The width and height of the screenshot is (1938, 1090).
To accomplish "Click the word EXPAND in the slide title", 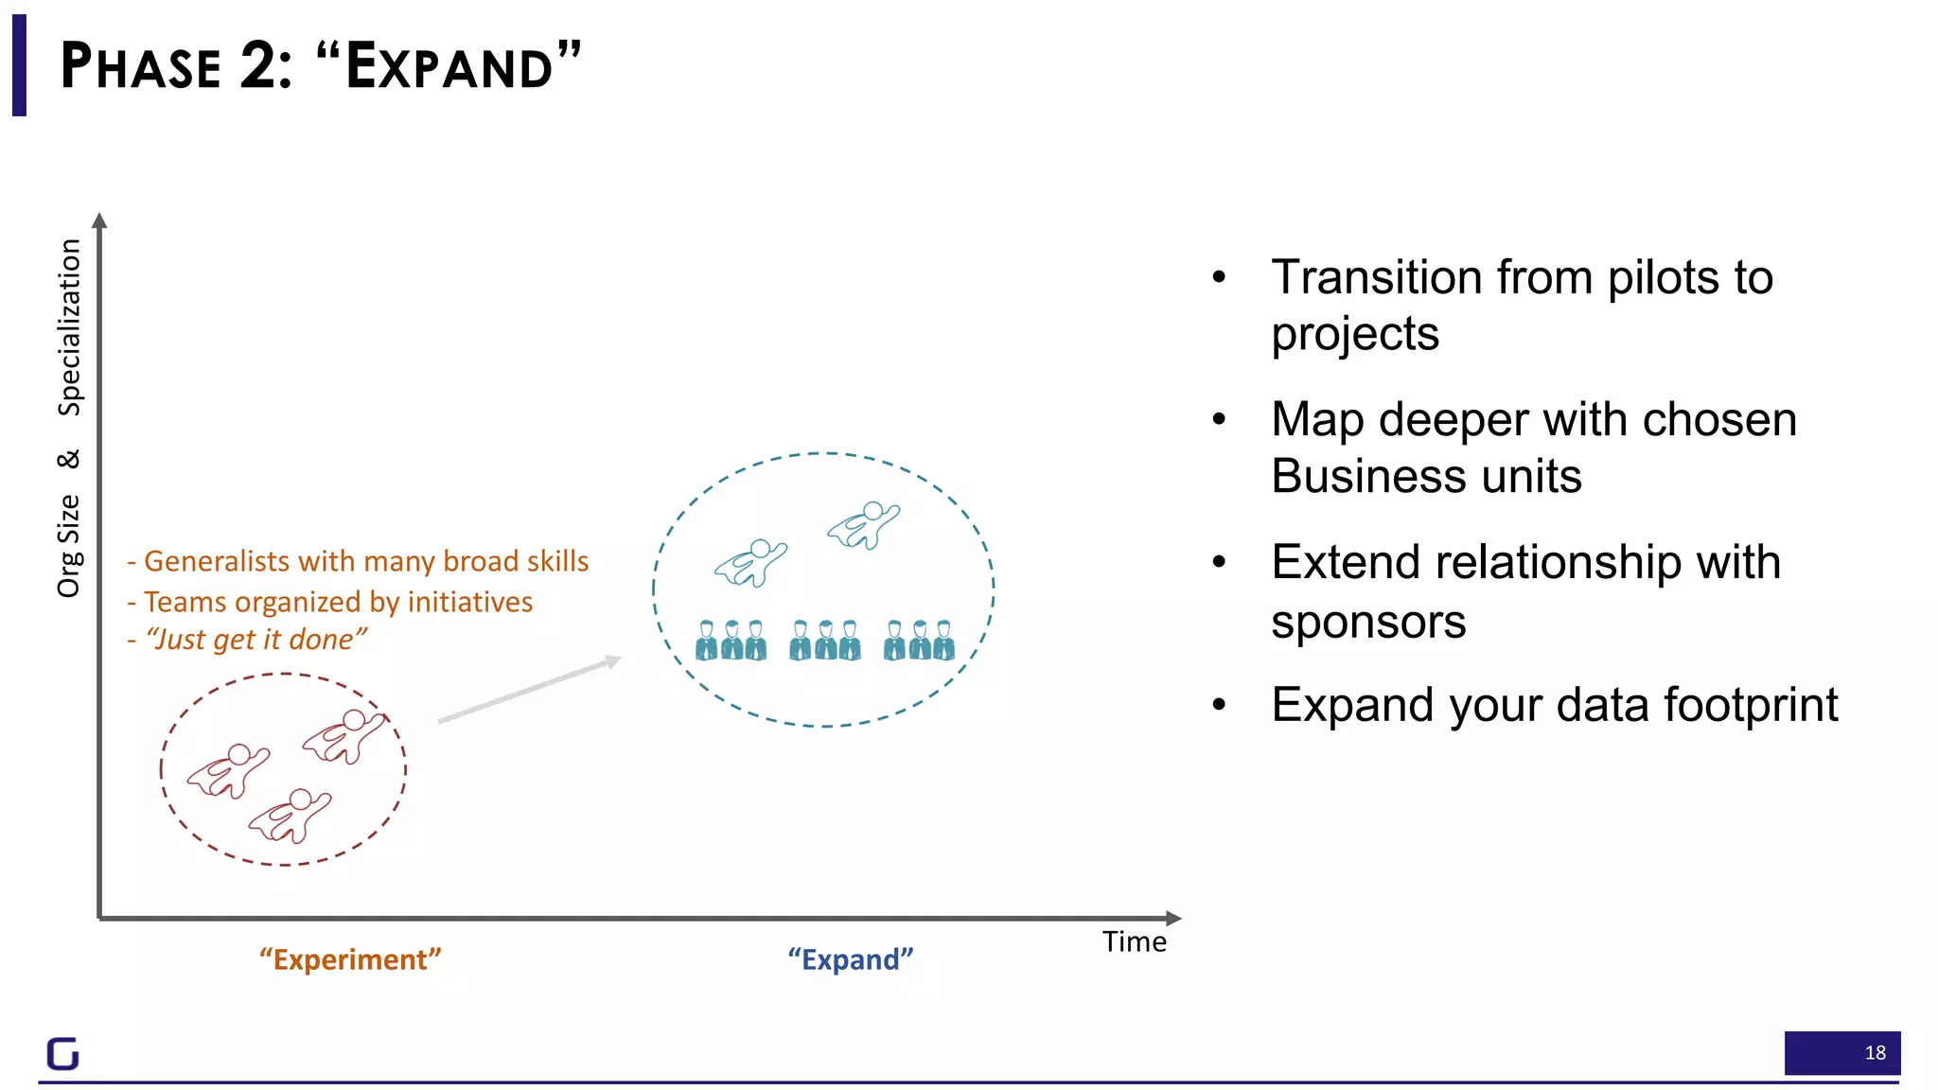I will point(449,66).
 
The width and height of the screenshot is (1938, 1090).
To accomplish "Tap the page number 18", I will point(1875,1052).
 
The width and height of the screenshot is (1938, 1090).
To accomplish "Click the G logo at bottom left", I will point(63,1053).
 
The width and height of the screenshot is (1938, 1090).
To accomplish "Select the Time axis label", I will point(1134,942).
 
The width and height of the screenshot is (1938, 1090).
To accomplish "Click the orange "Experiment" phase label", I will point(350,959).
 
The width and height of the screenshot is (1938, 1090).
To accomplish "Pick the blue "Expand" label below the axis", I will point(850,959).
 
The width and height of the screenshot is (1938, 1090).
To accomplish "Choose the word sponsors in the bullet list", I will point(1368,623).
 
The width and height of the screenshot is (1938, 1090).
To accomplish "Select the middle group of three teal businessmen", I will point(825,641).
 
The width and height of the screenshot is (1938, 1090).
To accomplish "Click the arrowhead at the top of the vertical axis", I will point(99,220).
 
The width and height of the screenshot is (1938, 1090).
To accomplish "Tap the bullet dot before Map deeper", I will point(1219,419).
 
